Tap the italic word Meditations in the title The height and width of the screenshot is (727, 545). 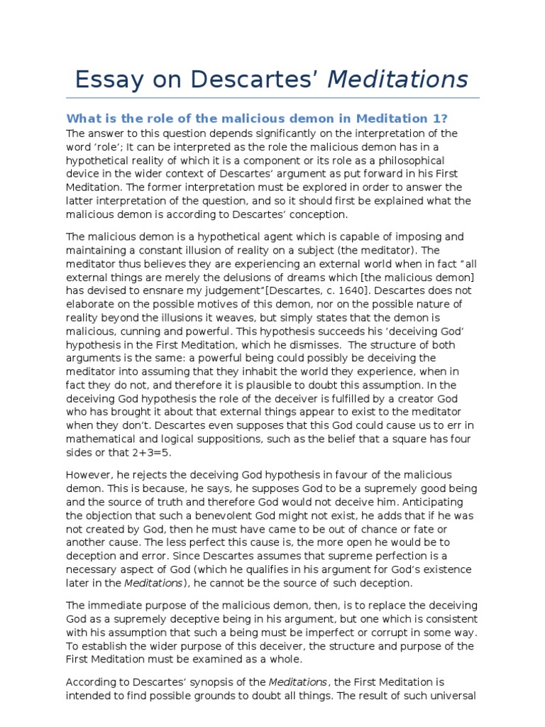(397, 79)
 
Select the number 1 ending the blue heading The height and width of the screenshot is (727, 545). (440, 118)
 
